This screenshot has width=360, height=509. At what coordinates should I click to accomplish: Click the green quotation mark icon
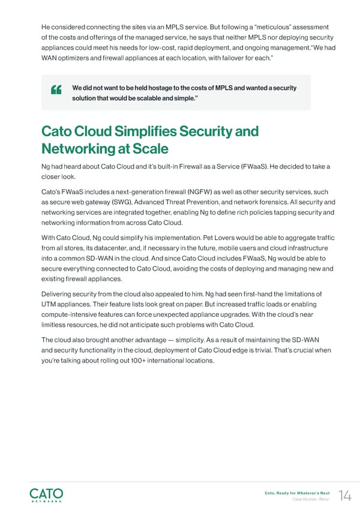click(58, 91)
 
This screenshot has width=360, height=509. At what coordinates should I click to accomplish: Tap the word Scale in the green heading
click(149, 148)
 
